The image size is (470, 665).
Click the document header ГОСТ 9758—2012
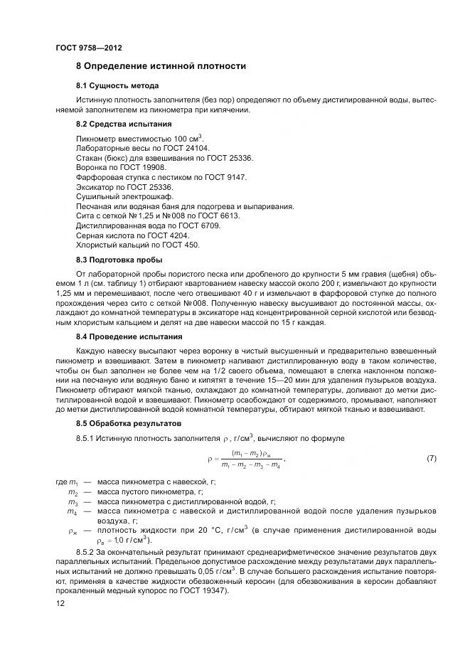pos(88,48)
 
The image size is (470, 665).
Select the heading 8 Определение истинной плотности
pos(161,66)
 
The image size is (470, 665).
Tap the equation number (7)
pos(431,459)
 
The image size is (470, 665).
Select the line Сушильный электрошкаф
pos(124,196)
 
